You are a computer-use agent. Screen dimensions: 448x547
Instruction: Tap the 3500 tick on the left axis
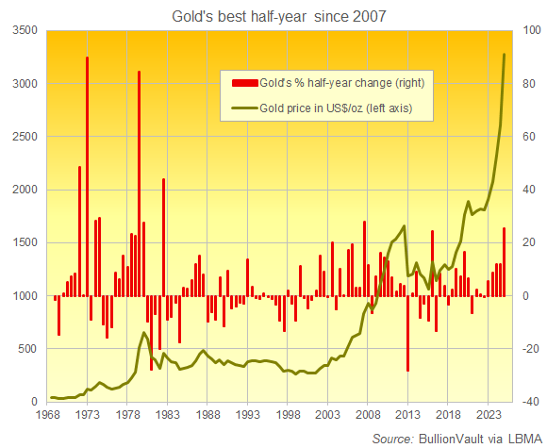coord(22,31)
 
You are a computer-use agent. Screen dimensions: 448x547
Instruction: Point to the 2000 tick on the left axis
coord(22,190)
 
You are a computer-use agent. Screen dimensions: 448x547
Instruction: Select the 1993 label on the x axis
coord(248,415)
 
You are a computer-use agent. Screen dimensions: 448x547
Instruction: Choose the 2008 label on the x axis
coord(368,415)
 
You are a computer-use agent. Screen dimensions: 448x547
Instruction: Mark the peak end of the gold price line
coord(505,54)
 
